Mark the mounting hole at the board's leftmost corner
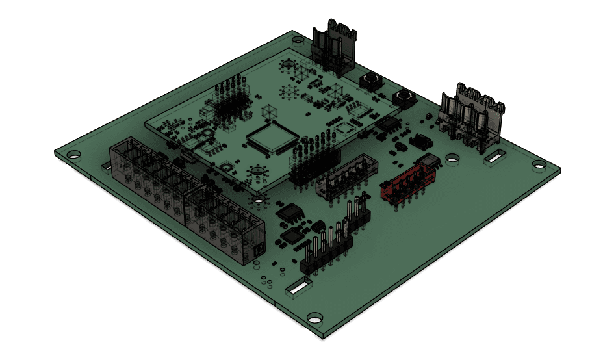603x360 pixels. tap(74, 155)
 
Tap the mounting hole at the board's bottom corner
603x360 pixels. tap(315, 318)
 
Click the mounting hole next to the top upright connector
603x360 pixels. tap(297, 41)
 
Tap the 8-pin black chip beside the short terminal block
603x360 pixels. tap(290, 213)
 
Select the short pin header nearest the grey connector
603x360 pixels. tap(357, 215)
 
